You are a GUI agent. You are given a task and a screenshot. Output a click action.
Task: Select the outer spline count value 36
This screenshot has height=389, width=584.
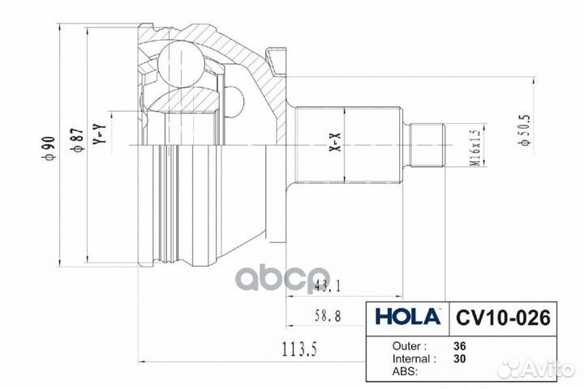tap(460, 344)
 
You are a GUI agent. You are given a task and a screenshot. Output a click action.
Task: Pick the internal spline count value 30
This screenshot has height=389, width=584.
tap(460, 357)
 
